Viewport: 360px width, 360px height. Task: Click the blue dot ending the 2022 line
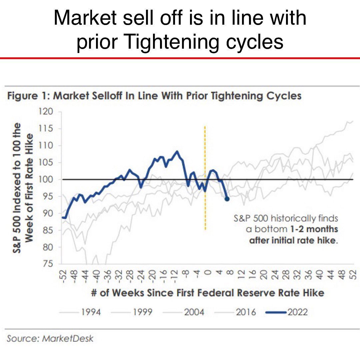[227, 199]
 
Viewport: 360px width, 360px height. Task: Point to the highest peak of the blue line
[177, 152]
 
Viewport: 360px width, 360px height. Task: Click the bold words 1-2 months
[318, 229]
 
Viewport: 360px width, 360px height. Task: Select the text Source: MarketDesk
[50, 339]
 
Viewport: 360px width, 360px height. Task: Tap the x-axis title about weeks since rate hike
[207, 293]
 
